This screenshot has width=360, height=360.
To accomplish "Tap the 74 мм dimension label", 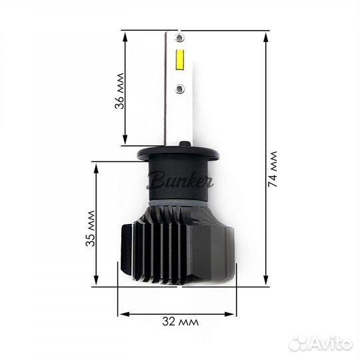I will pos(272,173).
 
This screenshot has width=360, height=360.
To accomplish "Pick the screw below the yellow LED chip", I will pos(178,87).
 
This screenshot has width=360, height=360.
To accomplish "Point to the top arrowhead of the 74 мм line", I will pos(267,33).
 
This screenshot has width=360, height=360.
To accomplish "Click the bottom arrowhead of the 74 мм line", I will pos(267,283).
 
